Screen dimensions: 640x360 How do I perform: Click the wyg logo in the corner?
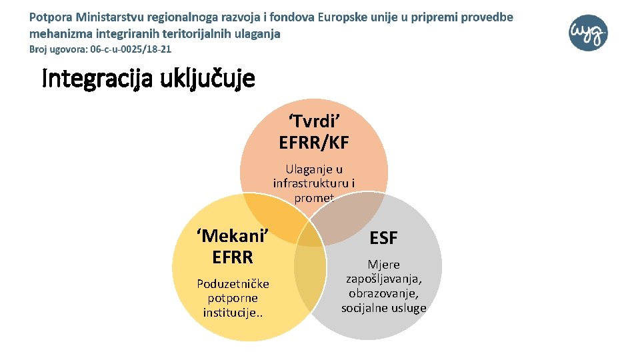click(589, 32)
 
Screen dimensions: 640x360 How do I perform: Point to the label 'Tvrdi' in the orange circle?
click(315, 122)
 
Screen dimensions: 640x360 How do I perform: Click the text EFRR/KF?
click(314, 142)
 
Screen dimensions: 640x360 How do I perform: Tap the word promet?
click(313, 197)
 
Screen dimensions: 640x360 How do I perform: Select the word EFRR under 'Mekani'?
click(233, 256)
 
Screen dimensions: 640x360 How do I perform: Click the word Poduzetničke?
click(233, 284)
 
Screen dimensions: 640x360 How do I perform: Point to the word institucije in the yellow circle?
click(231, 312)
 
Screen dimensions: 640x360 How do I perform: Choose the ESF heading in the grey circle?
click(383, 239)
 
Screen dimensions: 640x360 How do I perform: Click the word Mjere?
click(383, 265)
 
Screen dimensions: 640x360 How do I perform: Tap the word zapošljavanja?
click(383, 279)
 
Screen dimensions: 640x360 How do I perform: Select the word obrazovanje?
click(383, 293)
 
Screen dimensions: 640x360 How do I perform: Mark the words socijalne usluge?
click(383, 307)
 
